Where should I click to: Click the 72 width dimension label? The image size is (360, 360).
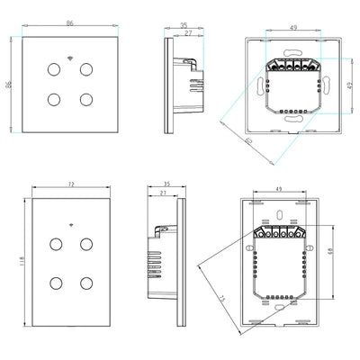[x=68, y=184]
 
